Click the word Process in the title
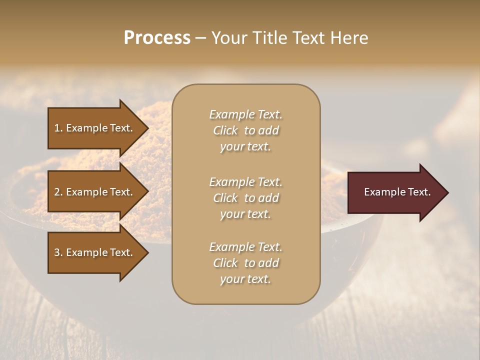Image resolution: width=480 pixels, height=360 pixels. pyautogui.click(x=157, y=38)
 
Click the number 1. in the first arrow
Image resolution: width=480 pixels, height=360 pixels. pyautogui.click(x=58, y=128)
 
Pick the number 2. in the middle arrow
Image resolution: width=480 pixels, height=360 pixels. pyautogui.click(x=58, y=192)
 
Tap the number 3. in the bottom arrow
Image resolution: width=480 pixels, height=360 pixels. pyautogui.click(x=58, y=252)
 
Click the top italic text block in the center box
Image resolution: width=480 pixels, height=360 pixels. pyautogui.click(x=245, y=130)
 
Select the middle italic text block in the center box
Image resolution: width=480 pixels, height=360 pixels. pyautogui.click(x=245, y=198)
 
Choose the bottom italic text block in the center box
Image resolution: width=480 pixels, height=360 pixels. pyautogui.click(x=245, y=263)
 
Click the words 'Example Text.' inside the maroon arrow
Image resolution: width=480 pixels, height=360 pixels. pyautogui.click(x=397, y=192)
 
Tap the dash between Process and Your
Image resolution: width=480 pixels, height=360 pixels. pyautogui.click(x=200, y=38)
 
